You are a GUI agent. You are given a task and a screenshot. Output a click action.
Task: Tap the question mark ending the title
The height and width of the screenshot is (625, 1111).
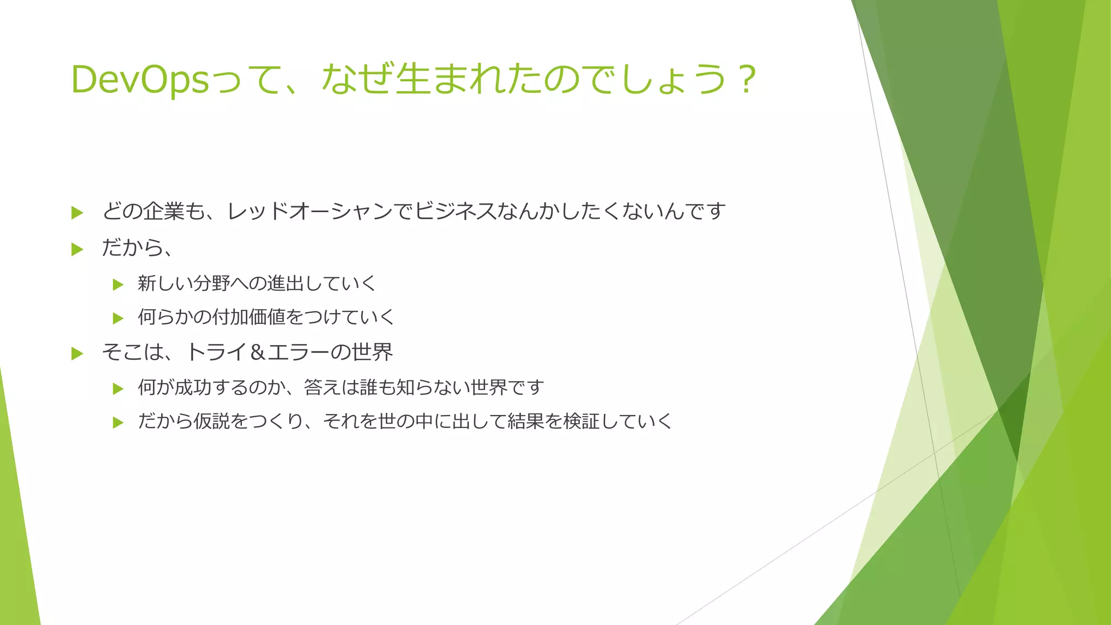(x=747, y=80)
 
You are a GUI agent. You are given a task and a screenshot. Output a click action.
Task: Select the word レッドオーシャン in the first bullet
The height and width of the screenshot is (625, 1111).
(x=309, y=211)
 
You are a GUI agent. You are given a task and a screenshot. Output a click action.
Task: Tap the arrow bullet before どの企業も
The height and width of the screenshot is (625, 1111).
(x=77, y=213)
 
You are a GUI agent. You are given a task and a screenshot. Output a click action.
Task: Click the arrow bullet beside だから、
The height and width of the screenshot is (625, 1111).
(x=77, y=249)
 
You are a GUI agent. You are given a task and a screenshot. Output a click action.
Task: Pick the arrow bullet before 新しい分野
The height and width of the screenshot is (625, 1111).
(x=118, y=284)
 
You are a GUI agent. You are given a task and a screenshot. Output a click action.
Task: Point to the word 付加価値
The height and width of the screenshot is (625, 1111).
(x=248, y=317)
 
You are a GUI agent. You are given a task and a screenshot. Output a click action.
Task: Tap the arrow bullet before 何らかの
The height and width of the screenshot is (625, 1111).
(x=118, y=318)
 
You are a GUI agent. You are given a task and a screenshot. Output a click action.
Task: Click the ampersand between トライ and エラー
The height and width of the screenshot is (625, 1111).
(x=258, y=353)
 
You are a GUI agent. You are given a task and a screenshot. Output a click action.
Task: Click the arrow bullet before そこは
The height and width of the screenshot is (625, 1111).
(x=77, y=354)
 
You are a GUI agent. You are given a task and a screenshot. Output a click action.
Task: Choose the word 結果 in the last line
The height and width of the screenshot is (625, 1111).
(x=526, y=421)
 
